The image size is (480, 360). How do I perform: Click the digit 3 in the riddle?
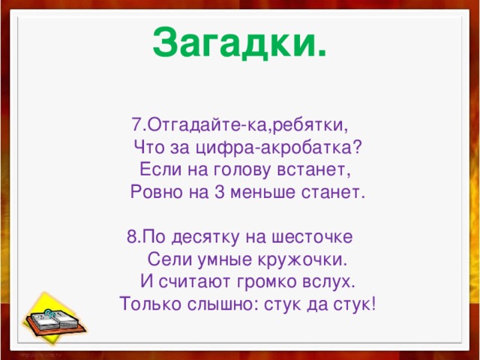[x=219, y=193]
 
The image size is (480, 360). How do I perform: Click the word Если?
[x=156, y=169]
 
